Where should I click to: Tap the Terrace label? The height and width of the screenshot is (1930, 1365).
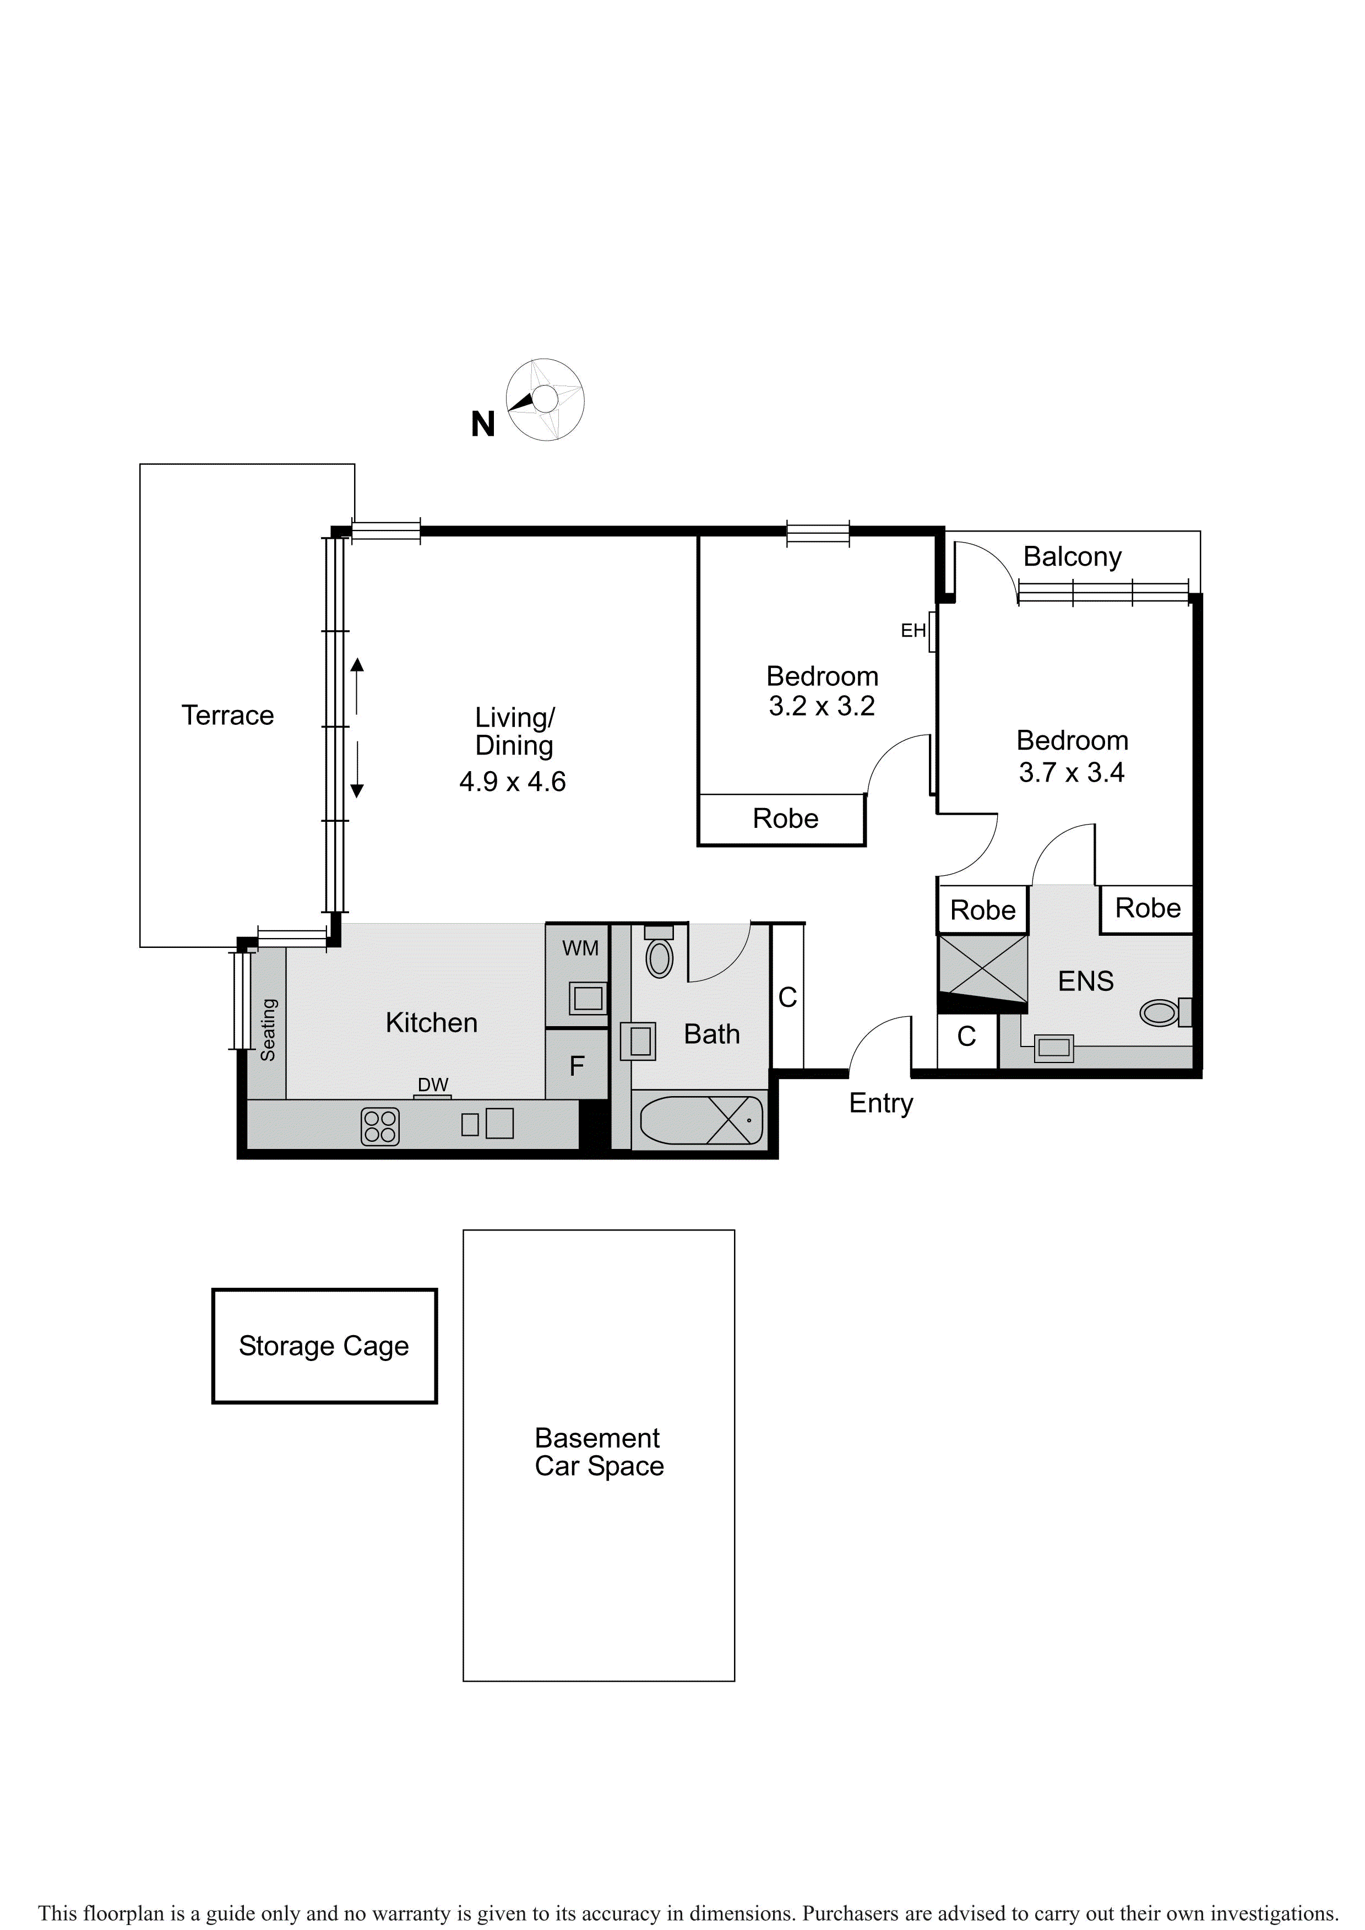[x=228, y=715]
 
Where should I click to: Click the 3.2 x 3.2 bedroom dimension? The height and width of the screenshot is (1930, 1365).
[x=822, y=706]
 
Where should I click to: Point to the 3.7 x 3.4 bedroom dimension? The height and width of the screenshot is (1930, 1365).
[x=1072, y=772]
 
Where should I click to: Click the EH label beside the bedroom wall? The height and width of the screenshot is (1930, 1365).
[x=913, y=631]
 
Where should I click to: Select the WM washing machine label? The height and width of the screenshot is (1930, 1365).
[x=580, y=948]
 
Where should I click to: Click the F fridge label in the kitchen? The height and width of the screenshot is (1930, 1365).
[x=577, y=1066]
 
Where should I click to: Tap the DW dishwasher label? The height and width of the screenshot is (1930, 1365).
[x=433, y=1085]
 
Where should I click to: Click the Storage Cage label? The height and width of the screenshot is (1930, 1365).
[x=324, y=1346]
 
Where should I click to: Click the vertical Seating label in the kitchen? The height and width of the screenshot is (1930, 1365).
[x=268, y=1030]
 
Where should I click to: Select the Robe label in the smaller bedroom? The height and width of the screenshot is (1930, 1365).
[x=785, y=818]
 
